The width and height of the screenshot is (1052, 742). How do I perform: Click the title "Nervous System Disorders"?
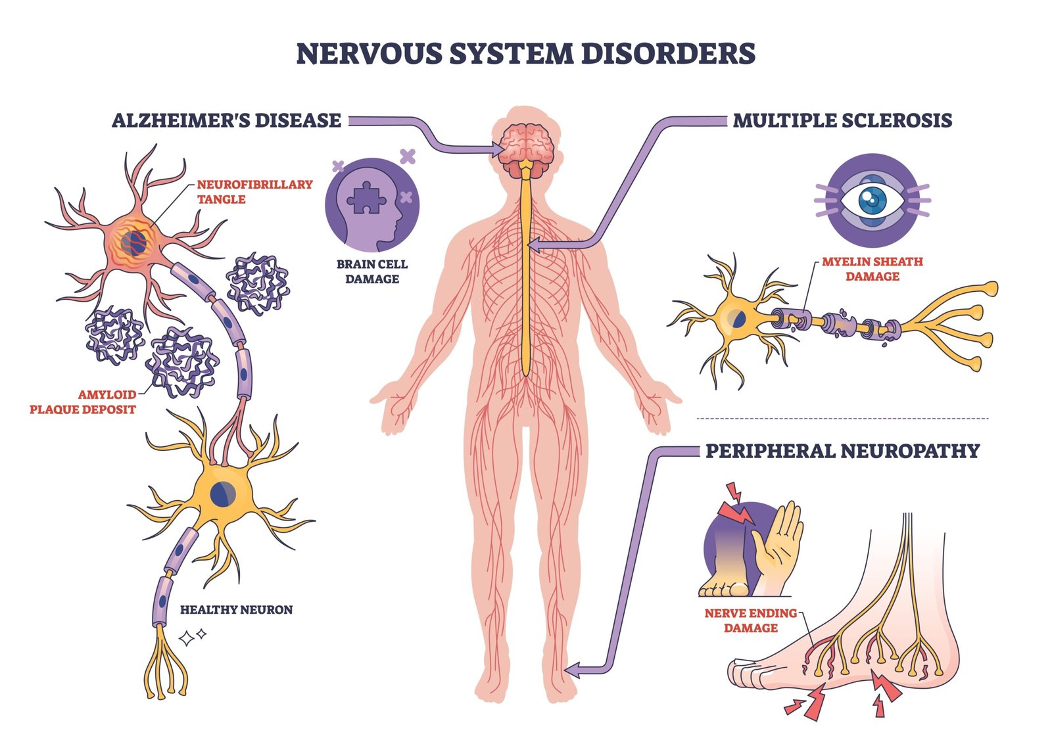point(525,54)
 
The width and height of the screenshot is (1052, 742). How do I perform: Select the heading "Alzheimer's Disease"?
point(226,120)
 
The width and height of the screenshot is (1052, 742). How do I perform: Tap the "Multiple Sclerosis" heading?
point(842,120)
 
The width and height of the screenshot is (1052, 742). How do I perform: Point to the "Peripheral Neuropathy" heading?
point(842,451)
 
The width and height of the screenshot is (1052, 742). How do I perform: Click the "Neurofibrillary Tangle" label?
point(254,191)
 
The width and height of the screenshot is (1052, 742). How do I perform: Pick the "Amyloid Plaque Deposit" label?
point(83,402)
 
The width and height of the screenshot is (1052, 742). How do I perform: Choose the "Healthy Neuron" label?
point(236,609)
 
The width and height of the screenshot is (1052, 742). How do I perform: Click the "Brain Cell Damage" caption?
point(372,271)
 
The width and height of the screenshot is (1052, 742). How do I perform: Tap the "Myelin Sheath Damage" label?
point(872,269)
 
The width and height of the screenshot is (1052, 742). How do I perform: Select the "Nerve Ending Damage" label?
point(750,620)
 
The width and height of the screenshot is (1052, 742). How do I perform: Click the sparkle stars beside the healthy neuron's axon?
point(193,636)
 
